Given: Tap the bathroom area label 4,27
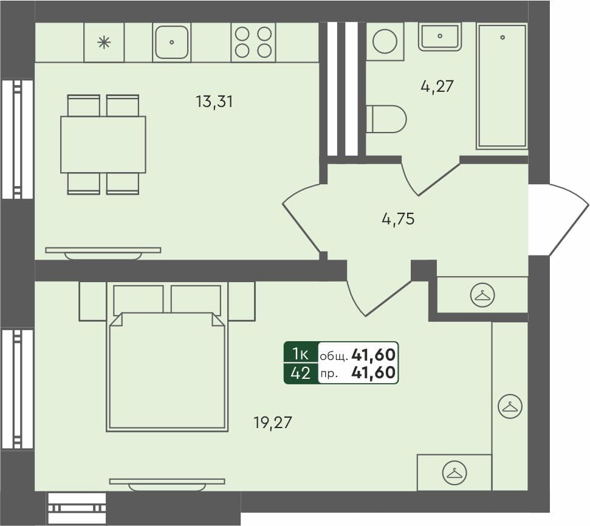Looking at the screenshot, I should pyautogui.click(x=437, y=86).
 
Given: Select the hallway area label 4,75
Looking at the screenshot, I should pyautogui.click(x=398, y=219).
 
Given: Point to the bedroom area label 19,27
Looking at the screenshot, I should pyautogui.click(x=273, y=422).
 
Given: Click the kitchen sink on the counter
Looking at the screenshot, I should pyautogui.click(x=172, y=42).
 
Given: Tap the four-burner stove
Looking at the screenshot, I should pyautogui.click(x=253, y=42).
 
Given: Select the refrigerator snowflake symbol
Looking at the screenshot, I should pyautogui.click(x=105, y=42).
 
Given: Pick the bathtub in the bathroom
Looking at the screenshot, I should pyautogui.click(x=502, y=86).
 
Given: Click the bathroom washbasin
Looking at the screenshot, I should pyautogui.click(x=440, y=36).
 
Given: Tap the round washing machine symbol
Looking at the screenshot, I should pyautogui.click(x=385, y=41).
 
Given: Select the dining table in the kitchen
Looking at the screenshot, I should pyautogui.click(x=103, y=144).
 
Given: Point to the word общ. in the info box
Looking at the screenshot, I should pyautogui.click(x=333, y=355).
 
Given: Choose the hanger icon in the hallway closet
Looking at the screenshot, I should pyautogui.click(x=483, y=295).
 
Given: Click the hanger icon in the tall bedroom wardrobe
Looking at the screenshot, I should pyautogui.click(x=510, y=406).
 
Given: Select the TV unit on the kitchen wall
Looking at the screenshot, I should pyautogui.click(x=103, y=251).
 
